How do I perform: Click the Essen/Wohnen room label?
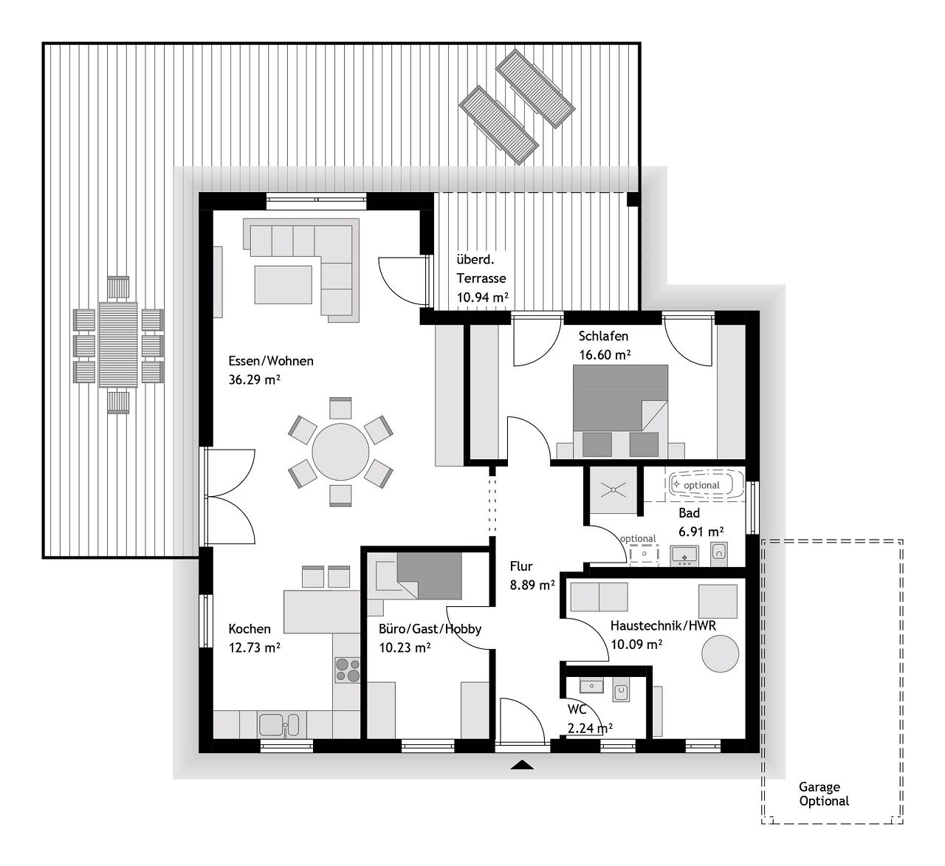coord(271,361)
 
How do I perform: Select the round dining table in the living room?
coord(340,452)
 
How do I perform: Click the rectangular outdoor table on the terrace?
coord(118,344)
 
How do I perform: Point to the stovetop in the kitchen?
coord(348,669)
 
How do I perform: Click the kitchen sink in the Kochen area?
coord(279,724)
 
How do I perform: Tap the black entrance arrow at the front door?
coord(522,765)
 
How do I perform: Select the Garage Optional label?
coord(823,794)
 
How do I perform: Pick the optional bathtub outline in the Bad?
coord(701,485)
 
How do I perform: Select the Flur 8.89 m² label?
coord(532,576)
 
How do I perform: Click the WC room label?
coord(577,709)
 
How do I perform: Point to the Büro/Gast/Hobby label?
coord(430,629)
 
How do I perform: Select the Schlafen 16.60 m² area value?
coord(605,355)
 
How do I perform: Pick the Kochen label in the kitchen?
coord(250,629)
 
